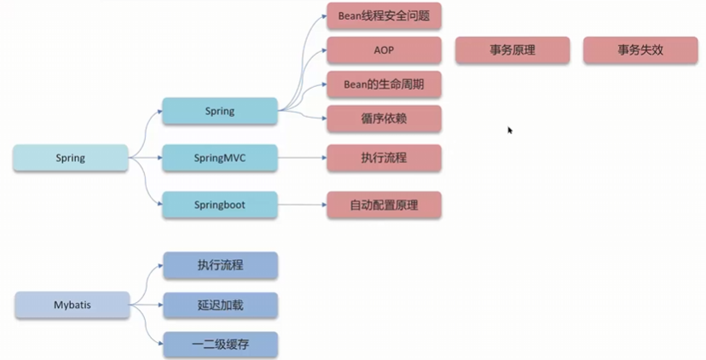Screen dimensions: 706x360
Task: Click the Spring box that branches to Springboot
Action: pyautogui.click(x=71, y=158)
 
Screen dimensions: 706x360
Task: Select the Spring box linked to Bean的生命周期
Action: pyautogui.click(x=220, y=111)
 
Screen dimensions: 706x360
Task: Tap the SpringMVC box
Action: pyautogui.click(x=220, y=158)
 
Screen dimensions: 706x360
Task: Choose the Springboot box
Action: pyautogui.click(x=220, y=205)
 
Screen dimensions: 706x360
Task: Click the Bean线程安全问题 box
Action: pyautogui.click(x=384, y=15)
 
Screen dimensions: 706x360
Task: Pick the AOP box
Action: pyautogui.click(x=384, y=50)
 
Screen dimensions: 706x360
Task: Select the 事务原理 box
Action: pyautogui.click(x=512, y=50)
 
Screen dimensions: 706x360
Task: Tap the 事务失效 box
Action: pyautogui.click(x=640, y=50)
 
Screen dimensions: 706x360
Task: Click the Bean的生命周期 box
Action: pyautogui.click(x=384, y=84)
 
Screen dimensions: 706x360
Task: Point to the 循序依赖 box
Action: pyautogui.click(x=384, y=119)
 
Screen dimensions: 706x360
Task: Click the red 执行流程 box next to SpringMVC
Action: pyautogui.click(x=384, y=158)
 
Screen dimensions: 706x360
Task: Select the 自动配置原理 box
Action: pyautogui.click(x=384, y=205)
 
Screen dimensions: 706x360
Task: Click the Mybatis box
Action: pyautogui.click(x=72, y=305)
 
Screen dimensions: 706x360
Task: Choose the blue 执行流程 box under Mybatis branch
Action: pyautogui.click(x=220, y=265)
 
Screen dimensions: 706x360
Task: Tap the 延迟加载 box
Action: pyautogui.click(x=220, y=305)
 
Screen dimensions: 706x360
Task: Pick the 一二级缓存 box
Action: pyautogui.click(x=220, y=345)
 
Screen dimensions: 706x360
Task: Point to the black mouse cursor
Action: pyautogui.click(x=510, y=131)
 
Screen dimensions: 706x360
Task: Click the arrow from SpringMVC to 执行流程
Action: pyautogui.click(x=302, y=158)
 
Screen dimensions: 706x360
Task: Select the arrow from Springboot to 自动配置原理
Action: pyautogui.click(x=302, y=205)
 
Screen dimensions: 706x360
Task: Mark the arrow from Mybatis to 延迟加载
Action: pyautogui.click(x=147, y=305)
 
